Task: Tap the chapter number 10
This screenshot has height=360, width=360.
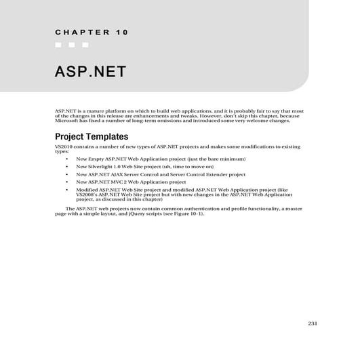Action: (121, 32)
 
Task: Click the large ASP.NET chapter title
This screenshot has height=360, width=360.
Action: (90, 72)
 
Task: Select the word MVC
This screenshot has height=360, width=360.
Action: (117, 182)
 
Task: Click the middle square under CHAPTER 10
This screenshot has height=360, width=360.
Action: (72, 45)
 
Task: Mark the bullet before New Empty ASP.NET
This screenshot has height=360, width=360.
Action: (66, 159)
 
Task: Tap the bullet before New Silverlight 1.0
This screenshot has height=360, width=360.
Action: (66, 166)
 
